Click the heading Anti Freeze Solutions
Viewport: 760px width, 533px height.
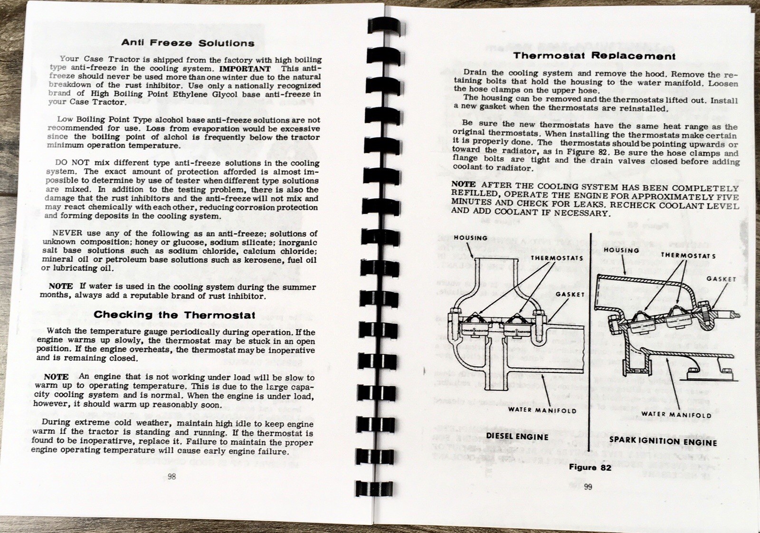pyautogui.click(x=188, y=43)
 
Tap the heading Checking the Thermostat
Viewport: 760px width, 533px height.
pyautogui.click(x=174, y=314)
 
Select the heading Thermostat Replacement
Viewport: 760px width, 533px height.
pyautogui.click(x=594, y=56)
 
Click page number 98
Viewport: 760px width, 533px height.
pyautogui.click(x=171, y=476)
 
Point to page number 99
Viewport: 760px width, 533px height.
pyautogui.click(x=588, y=486)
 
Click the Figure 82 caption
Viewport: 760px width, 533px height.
pyautogui.click(x=590, y=467)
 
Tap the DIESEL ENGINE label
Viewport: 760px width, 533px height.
pyautogui.click(x=517, y=436)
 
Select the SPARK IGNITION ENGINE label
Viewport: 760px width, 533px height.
pyautogui.click(x=663, y=441)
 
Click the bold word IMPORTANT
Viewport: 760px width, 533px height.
pyautogui.click(x=245, y=68)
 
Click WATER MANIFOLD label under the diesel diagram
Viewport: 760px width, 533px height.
pyautogui.click(x=542, y=410)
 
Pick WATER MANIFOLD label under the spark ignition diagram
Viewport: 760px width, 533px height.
pyautogui.click(x=676, y=415)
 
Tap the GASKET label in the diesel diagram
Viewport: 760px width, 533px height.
pyautogui.click(x=570, y=294)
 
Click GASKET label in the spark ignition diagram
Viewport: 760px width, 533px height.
pyautogui.click(x=721, y=279)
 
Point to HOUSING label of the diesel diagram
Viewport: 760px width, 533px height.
pyautogui.click(x=470, y=238)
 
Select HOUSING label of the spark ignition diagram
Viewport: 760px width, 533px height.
pyautogui.click(x=621, y=250)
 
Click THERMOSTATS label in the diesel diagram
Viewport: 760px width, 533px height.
pyautogui.click(x=557, y=258)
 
